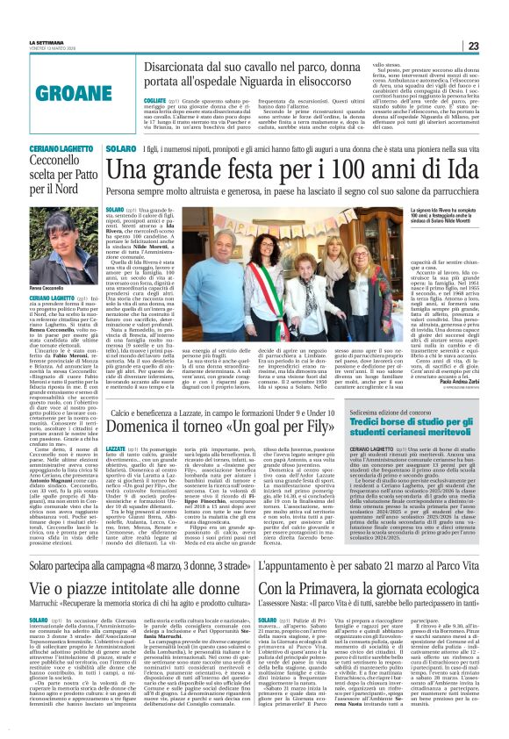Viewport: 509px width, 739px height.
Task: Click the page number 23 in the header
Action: tap(497, 46)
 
